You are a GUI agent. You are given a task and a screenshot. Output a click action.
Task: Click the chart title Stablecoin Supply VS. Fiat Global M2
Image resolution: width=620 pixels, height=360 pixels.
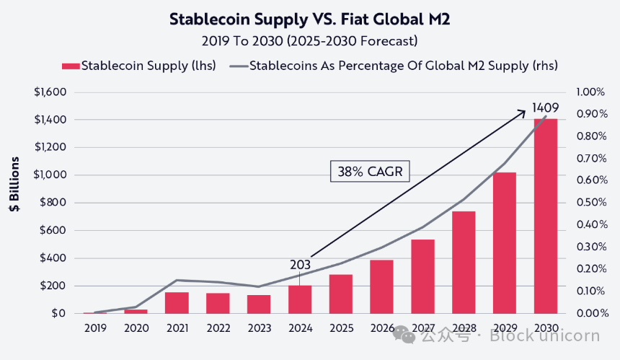(x=309, y=19)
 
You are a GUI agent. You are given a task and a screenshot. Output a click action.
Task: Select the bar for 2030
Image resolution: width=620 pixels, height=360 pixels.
(x=546, y=216)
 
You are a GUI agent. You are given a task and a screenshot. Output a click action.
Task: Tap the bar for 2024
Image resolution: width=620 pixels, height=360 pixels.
(x=300, y=299)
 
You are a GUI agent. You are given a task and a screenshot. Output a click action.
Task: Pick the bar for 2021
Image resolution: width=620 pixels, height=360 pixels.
(x=177, y=303)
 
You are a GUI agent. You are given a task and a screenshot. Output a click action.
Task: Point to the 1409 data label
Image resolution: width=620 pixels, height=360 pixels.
(x=545, y=107)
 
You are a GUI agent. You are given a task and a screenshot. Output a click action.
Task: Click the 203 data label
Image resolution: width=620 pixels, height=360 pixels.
(x=301, y=265)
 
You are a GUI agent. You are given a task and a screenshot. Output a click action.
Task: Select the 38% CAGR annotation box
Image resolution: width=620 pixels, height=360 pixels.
(x=370, y=172)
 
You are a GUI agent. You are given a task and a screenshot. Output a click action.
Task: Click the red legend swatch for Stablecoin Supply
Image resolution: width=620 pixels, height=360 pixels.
(x=70, y=66)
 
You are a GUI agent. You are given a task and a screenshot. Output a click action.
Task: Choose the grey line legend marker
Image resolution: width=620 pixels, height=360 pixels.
(x=239, y=66)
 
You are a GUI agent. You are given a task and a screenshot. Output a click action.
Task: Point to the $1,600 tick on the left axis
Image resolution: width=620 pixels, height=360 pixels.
(x=50, y=92)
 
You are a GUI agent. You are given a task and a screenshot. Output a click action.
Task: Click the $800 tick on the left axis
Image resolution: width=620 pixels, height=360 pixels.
(x=55, y=203)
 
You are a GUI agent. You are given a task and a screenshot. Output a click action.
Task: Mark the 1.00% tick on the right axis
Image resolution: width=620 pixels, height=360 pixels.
(x=592, y=92)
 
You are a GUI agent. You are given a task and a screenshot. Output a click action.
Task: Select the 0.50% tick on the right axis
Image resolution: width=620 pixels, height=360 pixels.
(x=592, y=203)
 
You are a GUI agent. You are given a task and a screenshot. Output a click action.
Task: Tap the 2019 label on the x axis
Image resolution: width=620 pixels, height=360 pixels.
(x=94, y=328)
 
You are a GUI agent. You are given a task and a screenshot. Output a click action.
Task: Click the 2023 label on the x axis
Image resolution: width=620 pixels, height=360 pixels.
(x=259, y=328)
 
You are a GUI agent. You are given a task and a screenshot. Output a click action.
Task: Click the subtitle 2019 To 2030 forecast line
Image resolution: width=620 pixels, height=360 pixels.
(x=309, y=40)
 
